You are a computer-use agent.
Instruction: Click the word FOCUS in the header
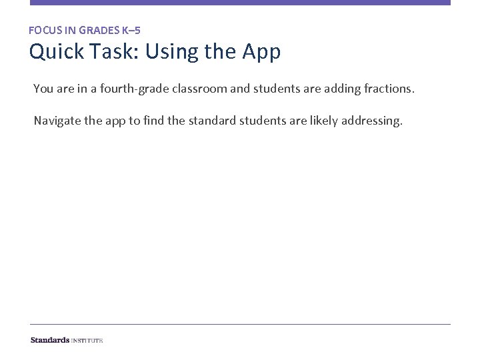(43, 30)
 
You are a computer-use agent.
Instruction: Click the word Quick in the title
(57, 51)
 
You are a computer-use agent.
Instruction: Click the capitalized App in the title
(263, 51)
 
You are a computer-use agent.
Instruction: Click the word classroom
(191, 88)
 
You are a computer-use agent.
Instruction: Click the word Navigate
(58, 121)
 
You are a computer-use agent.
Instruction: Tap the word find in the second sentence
(153, 121)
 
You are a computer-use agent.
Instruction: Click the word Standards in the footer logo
(49, 340)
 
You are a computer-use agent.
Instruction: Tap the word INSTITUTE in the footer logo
(87, 340)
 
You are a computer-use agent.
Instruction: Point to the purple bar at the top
(240, 3)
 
